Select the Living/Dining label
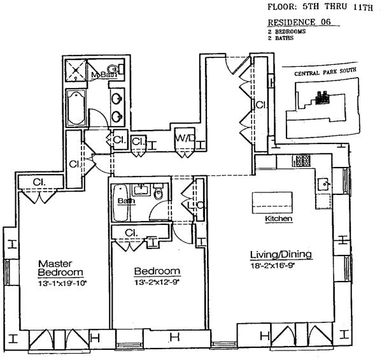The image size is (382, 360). coord(280,255)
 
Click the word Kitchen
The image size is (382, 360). coord(278,219)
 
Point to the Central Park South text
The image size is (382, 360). coord(318,74)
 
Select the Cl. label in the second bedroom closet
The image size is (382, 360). coord(131,233)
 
